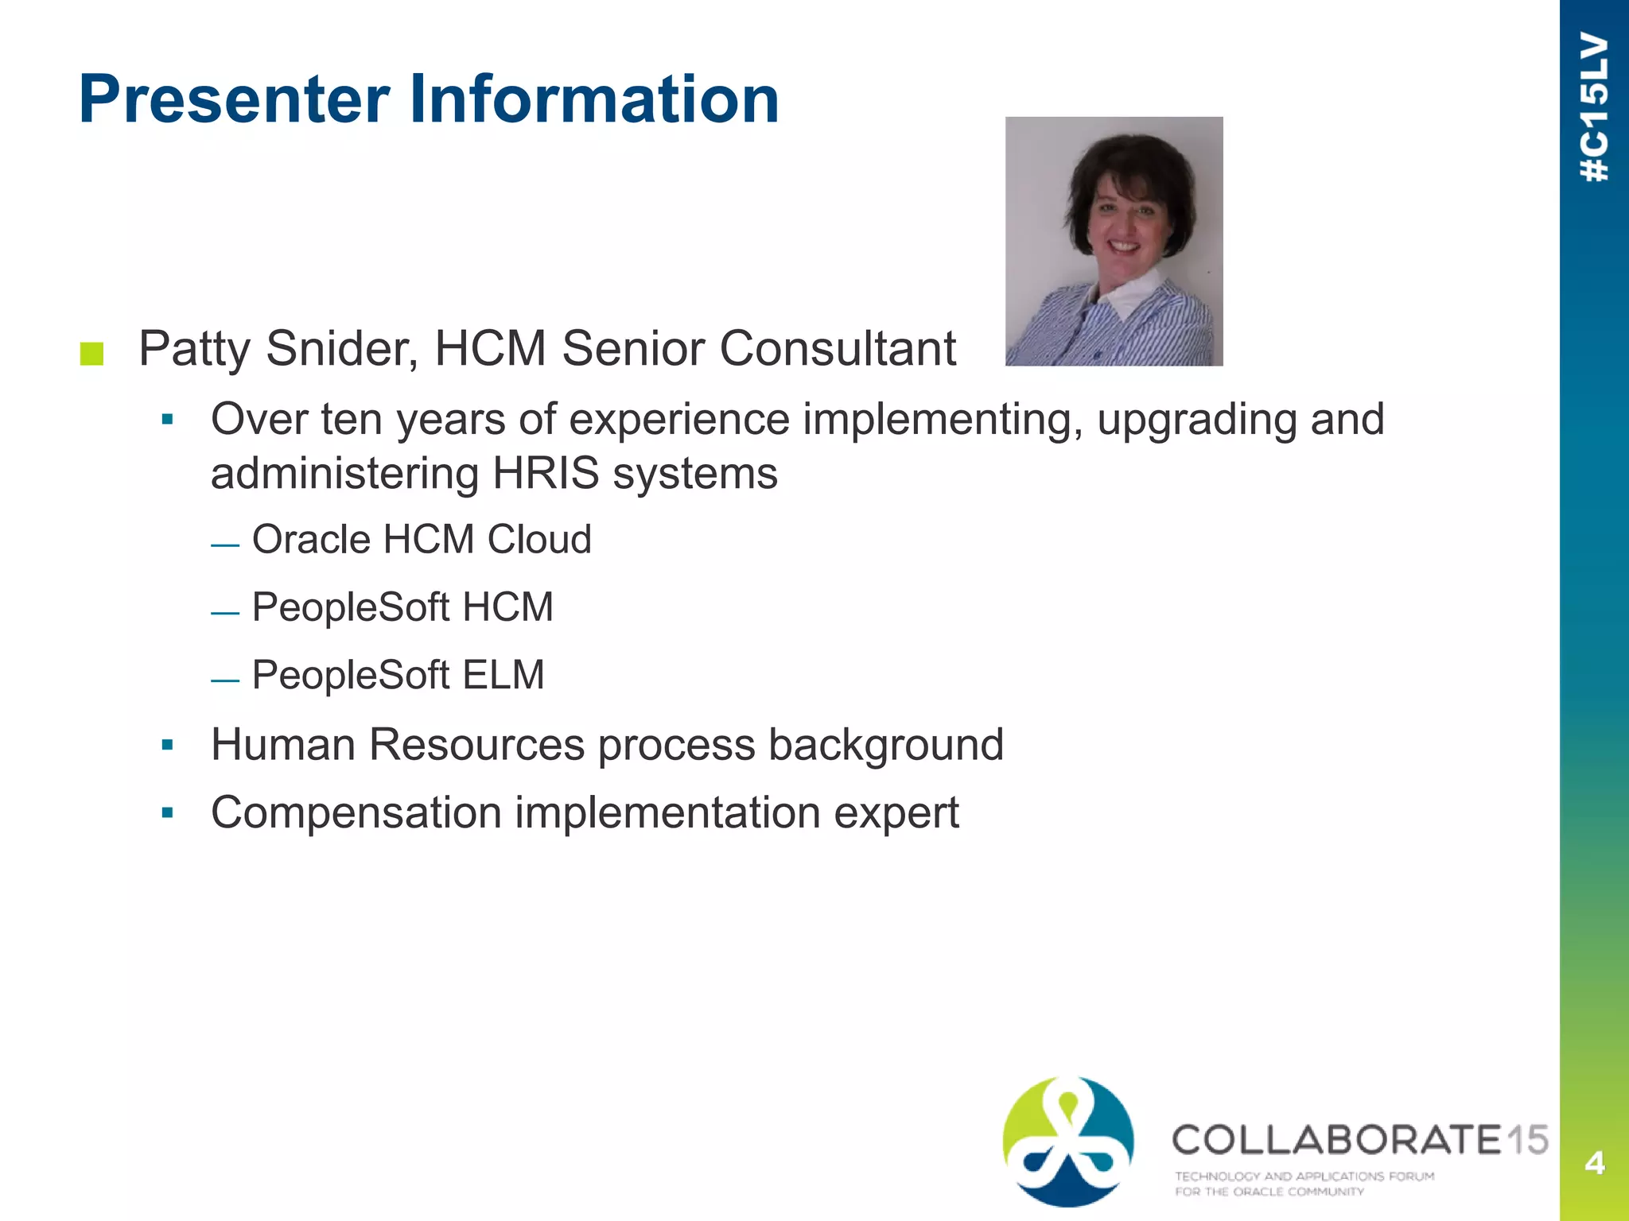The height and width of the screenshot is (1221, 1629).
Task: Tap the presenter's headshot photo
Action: point(1114,241)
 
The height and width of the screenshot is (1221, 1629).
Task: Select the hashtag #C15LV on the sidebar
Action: point(1594,107)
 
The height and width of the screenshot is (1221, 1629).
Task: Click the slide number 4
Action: point(1594,1163)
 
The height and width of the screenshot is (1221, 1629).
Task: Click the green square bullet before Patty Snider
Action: point(92,354)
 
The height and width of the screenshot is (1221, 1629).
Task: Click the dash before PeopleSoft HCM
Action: point(225,613)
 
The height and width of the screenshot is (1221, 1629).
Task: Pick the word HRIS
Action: point(546,474)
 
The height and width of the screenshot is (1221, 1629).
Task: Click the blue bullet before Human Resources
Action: point(167,745)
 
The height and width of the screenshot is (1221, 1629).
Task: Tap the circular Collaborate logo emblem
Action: point(1068,1140)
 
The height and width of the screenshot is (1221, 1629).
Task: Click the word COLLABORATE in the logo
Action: point(1336,1140)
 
